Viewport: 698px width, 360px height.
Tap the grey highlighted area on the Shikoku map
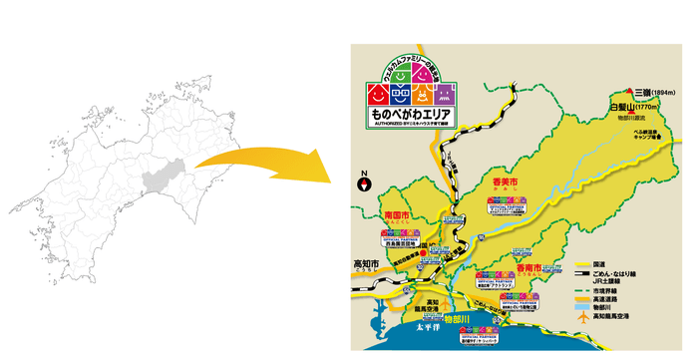[x=160, y=182]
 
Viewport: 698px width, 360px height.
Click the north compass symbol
[x=364, y=183]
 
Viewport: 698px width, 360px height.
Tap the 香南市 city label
[x=529, y=268]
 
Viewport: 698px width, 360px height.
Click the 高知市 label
[x=367, y=263]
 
